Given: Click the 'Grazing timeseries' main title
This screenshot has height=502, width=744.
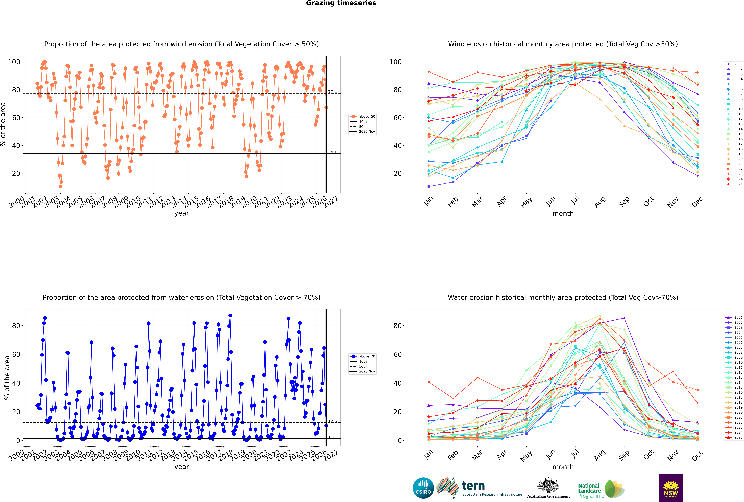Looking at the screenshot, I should coord(341,3).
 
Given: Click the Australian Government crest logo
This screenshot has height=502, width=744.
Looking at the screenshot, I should coord(548,488).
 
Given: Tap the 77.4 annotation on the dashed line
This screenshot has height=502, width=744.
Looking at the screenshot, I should coord(332,92).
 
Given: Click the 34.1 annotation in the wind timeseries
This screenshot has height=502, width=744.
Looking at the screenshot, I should coord(332,152).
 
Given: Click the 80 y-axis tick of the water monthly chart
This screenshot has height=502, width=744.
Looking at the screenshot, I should coord(398,326).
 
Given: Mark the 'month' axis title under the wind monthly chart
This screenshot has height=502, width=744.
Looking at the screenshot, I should coord(563,214).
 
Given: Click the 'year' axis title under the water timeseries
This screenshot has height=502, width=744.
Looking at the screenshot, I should coord(181,467).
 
